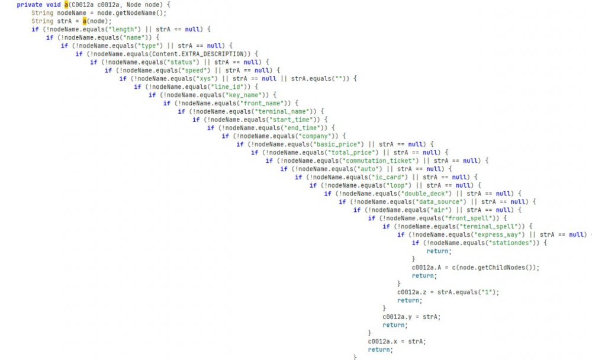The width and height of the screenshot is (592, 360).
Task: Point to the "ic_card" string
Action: click(x=385, y=176)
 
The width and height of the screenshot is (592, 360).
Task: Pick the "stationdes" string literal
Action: click(x=516, y=243)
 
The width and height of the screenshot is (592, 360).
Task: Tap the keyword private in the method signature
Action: click(x=29, y=5)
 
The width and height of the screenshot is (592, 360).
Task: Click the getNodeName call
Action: click(x=141, y=13)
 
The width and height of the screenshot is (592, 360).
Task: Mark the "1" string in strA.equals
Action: click(x=488, y=292)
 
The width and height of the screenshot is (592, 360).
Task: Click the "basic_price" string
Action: click(x=339, y=144)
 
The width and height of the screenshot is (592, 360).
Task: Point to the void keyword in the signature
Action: click(x=53, y=5)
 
